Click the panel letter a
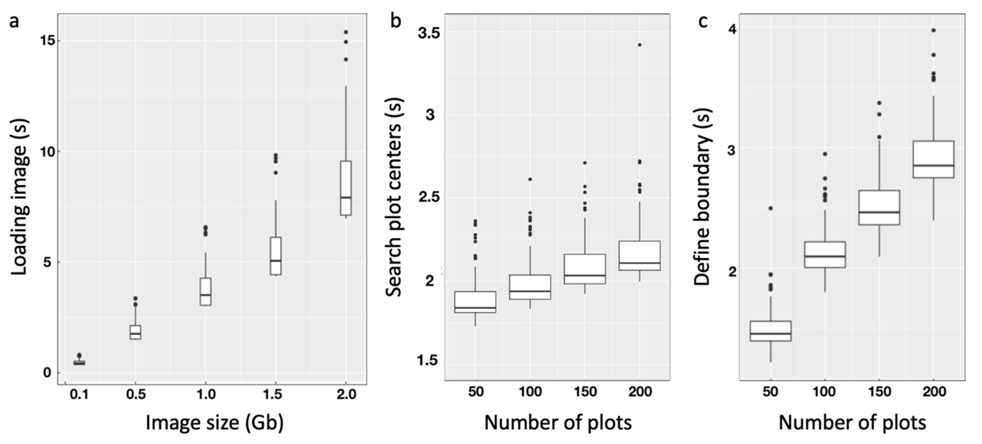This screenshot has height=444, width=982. click(14, 21)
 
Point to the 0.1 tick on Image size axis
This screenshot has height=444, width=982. click(79, 394)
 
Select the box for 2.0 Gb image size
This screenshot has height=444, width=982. click(346, 188)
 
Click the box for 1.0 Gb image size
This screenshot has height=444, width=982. click(206, 292)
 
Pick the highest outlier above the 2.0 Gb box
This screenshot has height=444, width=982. click(346, 32)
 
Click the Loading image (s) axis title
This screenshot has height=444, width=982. click(19, 197)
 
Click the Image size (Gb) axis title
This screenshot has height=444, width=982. click(215, 423)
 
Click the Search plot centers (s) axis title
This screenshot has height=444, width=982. click(394, 197)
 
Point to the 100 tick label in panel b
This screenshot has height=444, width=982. click(530, 391)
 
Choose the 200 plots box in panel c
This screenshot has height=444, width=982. click(933, 159)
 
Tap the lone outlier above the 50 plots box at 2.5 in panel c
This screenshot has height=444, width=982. click(770, 208)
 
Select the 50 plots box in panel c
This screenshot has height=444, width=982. click(770, 331)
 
